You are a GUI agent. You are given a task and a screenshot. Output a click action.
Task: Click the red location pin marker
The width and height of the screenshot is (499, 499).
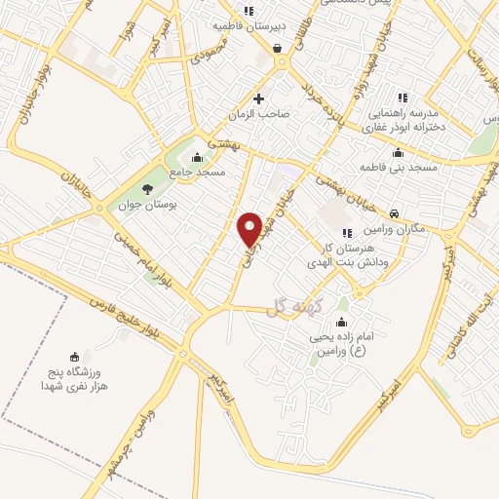click(x=249, y=229)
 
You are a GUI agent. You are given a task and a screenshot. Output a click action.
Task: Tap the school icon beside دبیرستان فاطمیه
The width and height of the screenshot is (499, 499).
click(x=249, y=12)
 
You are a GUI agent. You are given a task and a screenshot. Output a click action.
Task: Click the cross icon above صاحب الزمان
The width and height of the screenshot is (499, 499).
click(x=258, y=97)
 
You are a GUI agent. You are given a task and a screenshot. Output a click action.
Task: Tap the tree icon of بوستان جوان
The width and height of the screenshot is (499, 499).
click(x=147, y=188)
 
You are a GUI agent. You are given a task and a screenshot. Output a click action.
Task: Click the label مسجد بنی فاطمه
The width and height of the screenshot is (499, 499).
click(x=398, y=168)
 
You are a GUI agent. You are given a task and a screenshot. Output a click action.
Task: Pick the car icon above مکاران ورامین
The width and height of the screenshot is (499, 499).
click(x=393, y=212)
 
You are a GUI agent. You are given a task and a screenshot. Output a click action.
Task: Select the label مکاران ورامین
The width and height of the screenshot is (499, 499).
click(x=386, y=228)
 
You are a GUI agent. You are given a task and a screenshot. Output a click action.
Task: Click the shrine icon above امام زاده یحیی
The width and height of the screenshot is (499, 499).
click(x=341, y=323)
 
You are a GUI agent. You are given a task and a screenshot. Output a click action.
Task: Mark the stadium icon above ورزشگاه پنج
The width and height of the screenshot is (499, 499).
click(x=73, y=356)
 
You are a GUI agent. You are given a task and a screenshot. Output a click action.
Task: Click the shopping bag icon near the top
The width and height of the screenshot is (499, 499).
click(x=278, y=47)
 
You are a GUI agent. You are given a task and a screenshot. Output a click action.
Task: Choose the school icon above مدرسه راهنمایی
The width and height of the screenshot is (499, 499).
click(x=403, y=97)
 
